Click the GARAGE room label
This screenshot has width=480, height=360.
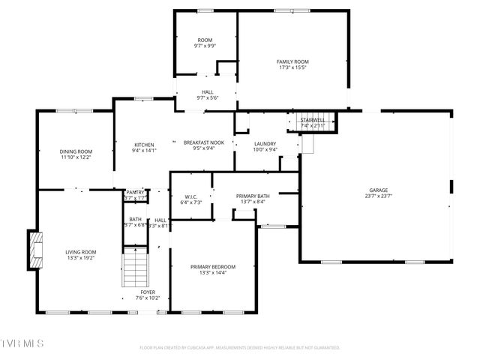pyautogui.click(x=378, y=190)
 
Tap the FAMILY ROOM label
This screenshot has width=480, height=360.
pyautogui.click(x=292, y=61)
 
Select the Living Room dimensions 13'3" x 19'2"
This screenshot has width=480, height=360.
pyautogui.click(x=81, y=259)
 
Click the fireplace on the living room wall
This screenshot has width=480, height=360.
pyautogui.click(x=34, y=250)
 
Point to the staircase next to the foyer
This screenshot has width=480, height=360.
pyautogui.click(x=133, y=267)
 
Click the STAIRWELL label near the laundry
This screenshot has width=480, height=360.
pyautogui.click(x=313, y=120)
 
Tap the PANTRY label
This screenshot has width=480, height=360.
pyautogui.click(x=135, y=192)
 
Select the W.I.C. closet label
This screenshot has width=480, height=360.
pyautogui.click(x=190, y=196)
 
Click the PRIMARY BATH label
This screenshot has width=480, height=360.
pyautogui.click(x=253, y=196)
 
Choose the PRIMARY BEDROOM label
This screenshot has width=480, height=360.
pyautogui.click(x=212, y=267)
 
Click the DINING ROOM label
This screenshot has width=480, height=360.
pyautogui.click(x=76, y=151)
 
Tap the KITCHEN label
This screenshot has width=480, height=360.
pyautogui.click(x=144, y=145)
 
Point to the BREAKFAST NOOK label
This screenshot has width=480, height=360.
pyautogui.click(x=204, y=142)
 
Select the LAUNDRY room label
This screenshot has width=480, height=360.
pyautogui.click(x=265, y=144)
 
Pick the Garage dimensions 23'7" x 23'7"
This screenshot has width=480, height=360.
pyautogui.click(x=378, y=197)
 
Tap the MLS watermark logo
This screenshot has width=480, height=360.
pyautogui.click(x=22, y=343)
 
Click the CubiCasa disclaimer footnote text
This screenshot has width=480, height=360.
pyautogui.click(x=240, y=347)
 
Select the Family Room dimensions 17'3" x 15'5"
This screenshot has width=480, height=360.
pyautogui.click(x=292, y=67)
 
